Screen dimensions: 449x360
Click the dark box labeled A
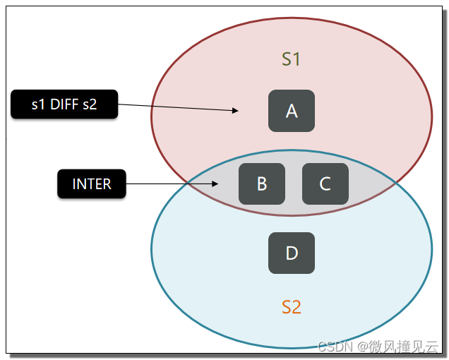292,111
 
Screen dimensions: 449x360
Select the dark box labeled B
262,184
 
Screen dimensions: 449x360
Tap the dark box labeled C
325,184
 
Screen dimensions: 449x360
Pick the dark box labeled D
292,253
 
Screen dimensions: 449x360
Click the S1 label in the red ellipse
291,59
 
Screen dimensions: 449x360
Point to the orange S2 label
292,307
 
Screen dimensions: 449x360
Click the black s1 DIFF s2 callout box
64,104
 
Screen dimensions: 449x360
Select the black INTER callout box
92,184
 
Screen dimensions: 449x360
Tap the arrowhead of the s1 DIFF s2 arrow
235,110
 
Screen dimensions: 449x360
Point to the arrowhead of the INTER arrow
215,184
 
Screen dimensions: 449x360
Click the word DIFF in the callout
64,104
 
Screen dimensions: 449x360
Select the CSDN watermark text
335,347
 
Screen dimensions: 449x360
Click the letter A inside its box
292,111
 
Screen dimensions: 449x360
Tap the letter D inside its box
292,253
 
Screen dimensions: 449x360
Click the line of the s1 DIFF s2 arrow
178,107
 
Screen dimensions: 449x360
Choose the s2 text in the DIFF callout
90,104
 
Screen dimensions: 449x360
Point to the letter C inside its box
325,184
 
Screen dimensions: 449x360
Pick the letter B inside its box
262,184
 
